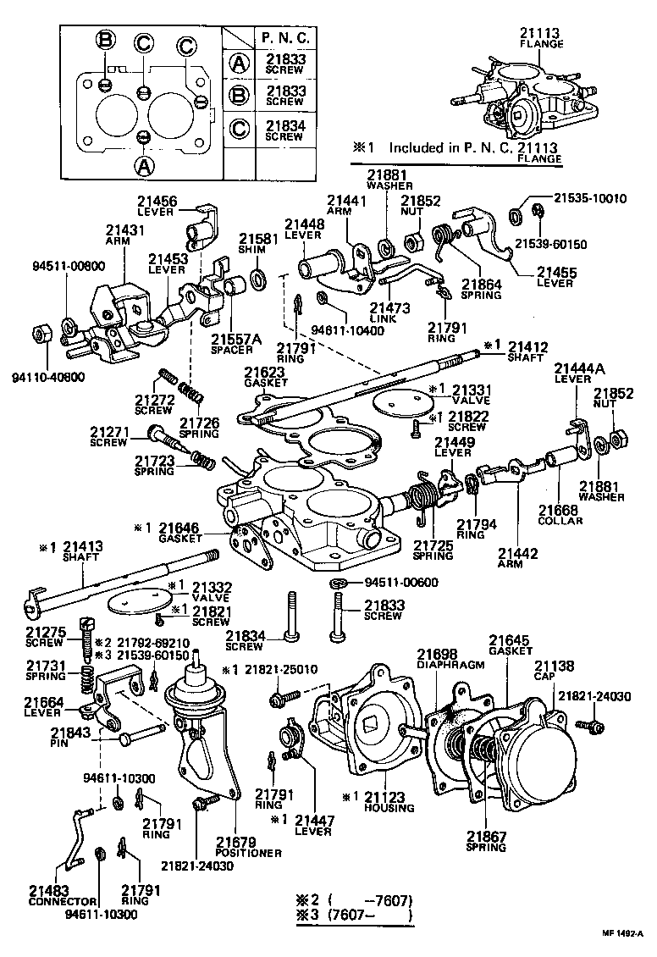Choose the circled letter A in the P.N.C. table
240,63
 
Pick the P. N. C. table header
285,38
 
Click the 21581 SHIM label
252,244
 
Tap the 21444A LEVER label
579,373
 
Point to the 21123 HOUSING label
390,802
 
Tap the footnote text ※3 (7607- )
355,915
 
